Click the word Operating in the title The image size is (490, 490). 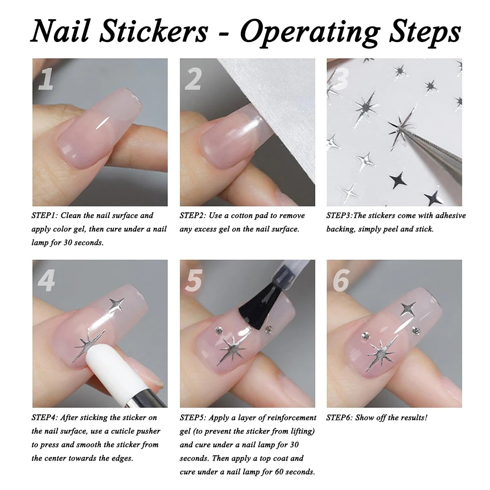click(x=304, y=32)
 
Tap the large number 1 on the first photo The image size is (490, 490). click(x=47, y=79)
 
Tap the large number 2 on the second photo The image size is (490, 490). click(x=193, y=79)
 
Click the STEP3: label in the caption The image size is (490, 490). click(x=339, y=215)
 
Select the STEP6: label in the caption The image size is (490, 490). click(x=339, y=417)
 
